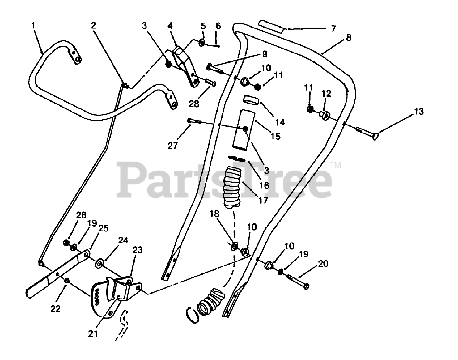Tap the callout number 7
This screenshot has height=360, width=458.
333,29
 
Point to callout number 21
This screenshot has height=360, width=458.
93,334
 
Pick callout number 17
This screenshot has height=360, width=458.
263,201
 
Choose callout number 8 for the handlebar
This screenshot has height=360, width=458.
349,37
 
